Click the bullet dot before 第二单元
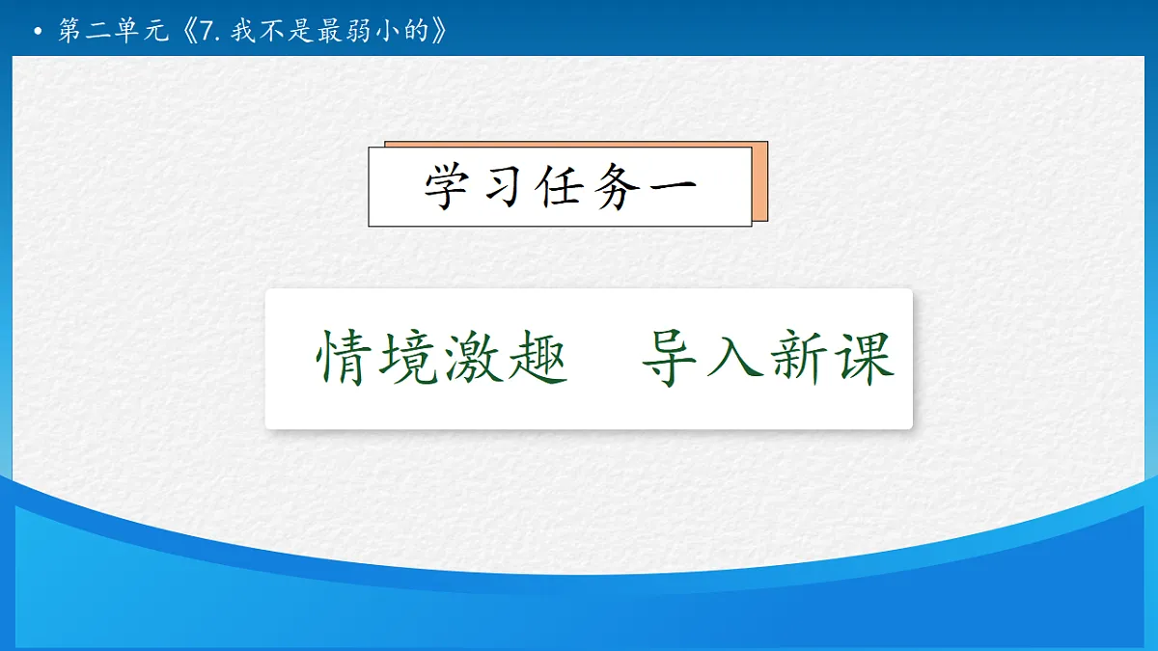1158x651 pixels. click(x=38, y=34)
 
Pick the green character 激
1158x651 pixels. click(x=474, y=359)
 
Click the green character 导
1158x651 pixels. click(x=672, y=359)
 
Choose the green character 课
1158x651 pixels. click(x=864, y=359)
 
